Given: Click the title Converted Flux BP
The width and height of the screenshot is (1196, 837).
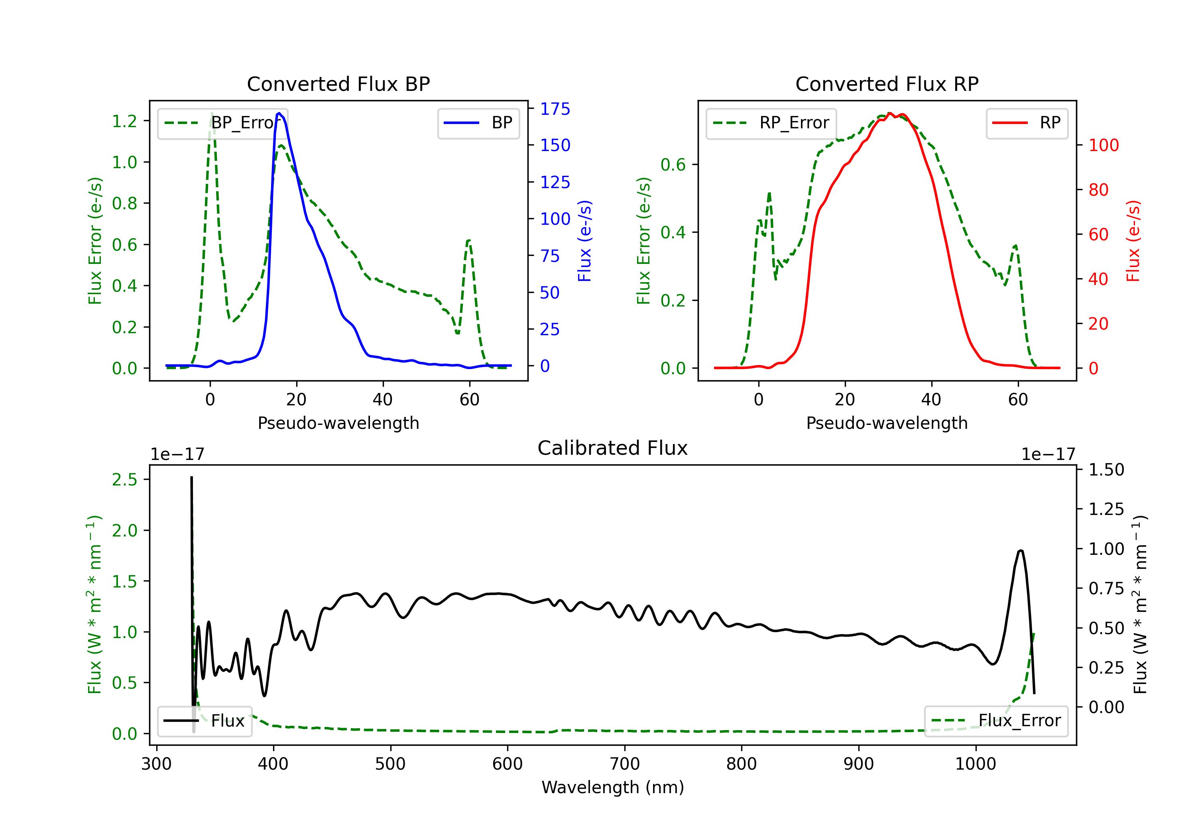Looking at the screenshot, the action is click(x=338, y=84).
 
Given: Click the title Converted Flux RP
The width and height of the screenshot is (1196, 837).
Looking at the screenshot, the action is click(x=887, y=84).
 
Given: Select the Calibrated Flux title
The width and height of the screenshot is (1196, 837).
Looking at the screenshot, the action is click(x=613, y=448).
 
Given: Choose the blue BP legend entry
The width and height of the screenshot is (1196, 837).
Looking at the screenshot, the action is click(x=478, y=123).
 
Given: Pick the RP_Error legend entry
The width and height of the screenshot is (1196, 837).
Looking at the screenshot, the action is click(x=771, y=123).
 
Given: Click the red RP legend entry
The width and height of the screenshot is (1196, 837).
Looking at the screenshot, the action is click(x=1027, y=123).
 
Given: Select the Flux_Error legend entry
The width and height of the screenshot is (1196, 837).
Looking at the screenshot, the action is click(x=996, y=721).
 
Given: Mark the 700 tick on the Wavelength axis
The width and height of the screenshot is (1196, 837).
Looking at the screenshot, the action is click(x=625, y=764).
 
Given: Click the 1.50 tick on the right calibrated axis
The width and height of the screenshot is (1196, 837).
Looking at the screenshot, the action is click(x=1106, y=470).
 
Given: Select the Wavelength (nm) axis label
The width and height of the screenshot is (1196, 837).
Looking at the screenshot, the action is click(x=613, y=787).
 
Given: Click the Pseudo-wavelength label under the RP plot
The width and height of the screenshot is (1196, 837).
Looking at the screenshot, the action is click(x=887, y=423).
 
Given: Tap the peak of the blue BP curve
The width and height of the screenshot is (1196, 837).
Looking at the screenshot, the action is click(x=279, y=113).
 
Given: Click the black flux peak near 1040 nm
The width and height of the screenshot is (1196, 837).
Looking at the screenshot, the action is click(x=1021, y=550).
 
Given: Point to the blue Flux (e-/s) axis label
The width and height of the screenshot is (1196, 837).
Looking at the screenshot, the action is click(x=584, y=241).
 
